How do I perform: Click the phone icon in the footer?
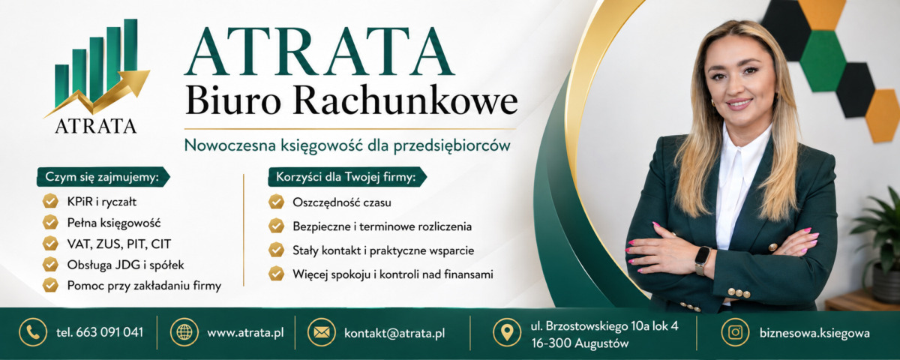click(33, 332)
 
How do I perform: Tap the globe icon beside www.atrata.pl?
click(184, 332)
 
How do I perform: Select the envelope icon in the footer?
click(322, 332)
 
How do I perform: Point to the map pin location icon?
click(507, 332)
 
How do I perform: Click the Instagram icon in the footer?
click(735, 332)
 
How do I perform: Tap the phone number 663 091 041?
click(109, 332)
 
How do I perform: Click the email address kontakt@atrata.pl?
click(394, 333)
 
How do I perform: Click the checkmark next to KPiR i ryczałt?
click(50, 201)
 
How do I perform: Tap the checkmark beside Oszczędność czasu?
click(277, 202)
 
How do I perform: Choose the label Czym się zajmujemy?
click(101, 177)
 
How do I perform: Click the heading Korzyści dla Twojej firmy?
click(346, 177)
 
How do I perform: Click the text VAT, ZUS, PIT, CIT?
click(119, 244)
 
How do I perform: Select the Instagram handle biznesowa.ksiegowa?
click(814, 333)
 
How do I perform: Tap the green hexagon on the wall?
click(823, 61)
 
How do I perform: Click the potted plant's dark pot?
click(886, 283)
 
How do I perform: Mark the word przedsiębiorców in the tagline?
click(451, 145)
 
